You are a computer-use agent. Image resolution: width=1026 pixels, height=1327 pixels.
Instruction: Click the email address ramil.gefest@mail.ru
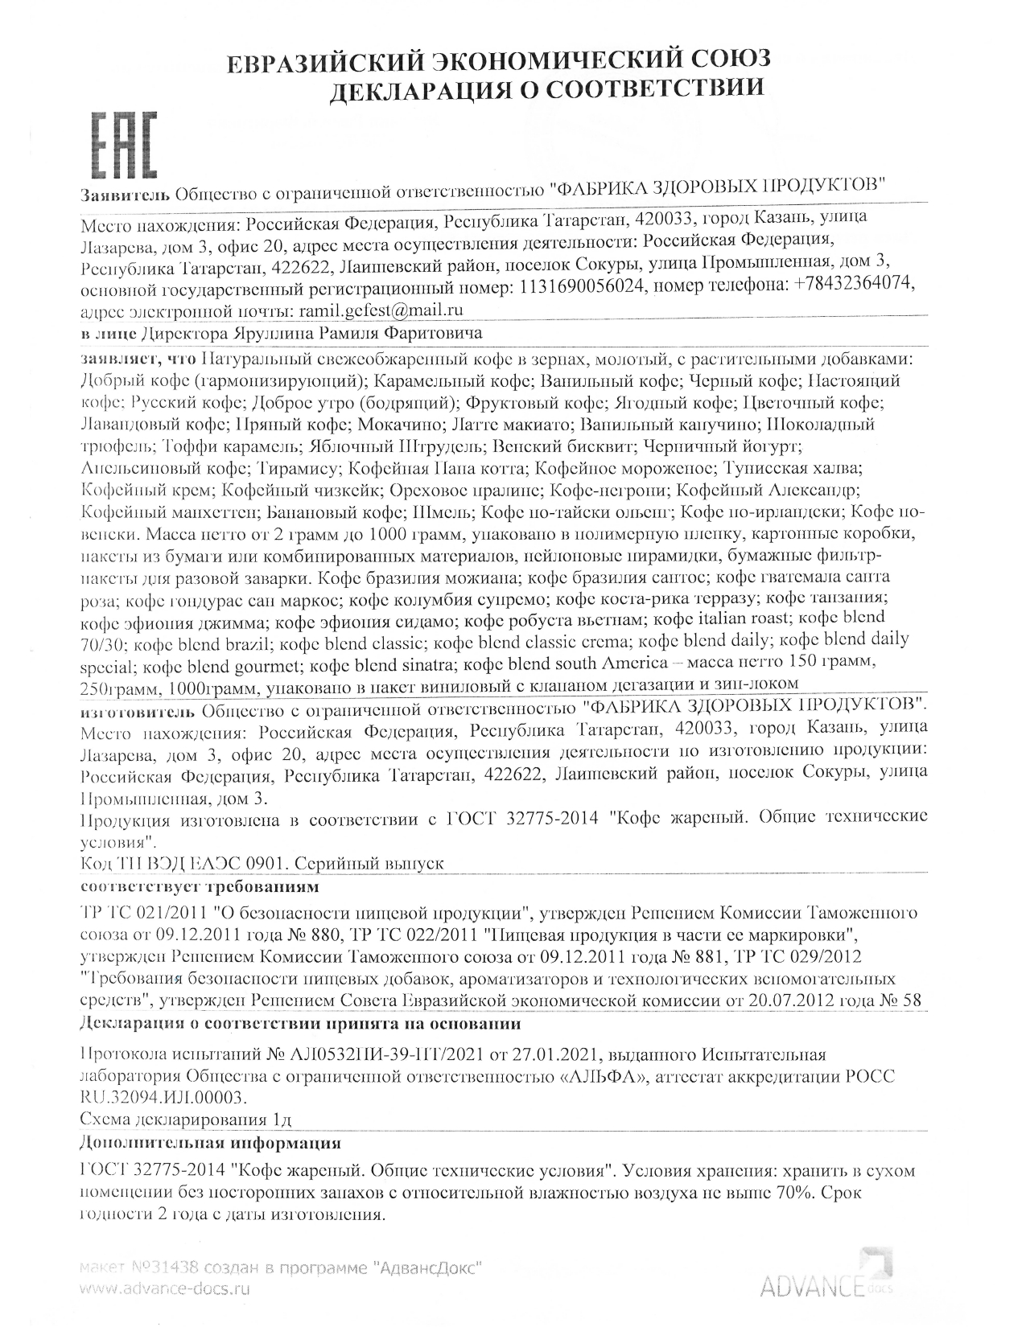click(x=381, y=310)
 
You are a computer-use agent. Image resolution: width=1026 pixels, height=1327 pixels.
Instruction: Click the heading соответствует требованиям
click(x=200, y=887)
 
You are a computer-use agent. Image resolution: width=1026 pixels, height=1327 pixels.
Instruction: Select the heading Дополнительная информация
click(x=211, y=1143)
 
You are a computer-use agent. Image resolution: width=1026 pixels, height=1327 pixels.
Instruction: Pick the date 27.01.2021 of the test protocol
click(x=564, y=1054)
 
